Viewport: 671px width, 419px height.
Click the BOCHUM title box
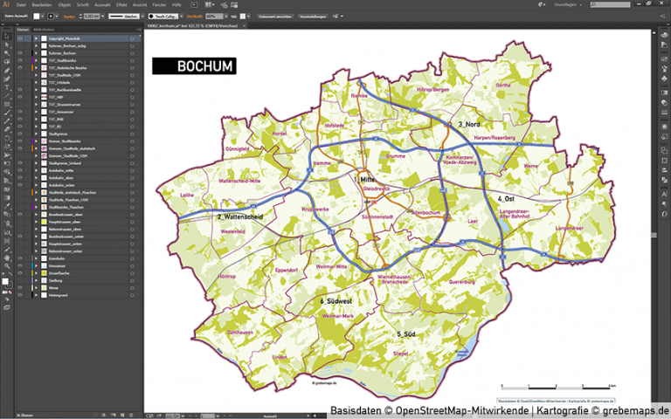[x=193, y=65]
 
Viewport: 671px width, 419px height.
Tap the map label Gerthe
[x=502, y=85]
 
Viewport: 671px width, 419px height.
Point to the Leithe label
[x=187, y=195]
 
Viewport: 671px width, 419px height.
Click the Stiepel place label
[x=400, y=353]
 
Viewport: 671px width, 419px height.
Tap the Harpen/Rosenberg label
[x=495, y=138]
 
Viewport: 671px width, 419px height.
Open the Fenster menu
[x=158, y=4]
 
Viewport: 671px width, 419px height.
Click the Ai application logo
[x=6, y=4]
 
